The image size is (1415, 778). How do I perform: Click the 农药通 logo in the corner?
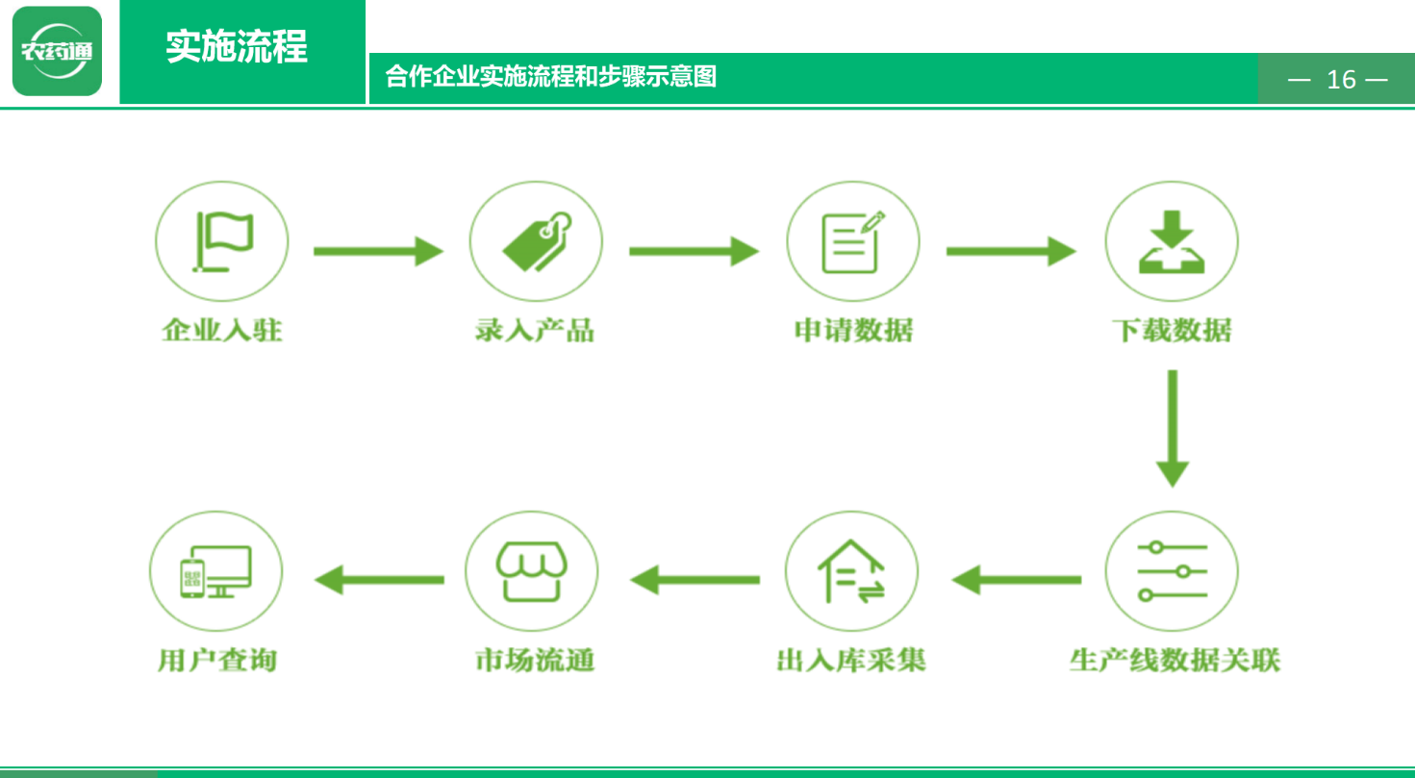click(57, 51)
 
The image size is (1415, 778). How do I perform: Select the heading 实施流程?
click(237, 46)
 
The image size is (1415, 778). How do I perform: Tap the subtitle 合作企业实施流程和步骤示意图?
click(551, 76)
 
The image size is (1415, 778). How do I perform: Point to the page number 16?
click(1341, 80)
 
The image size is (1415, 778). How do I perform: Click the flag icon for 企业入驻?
click(223, 241)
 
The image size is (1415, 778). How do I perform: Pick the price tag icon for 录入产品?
click(537, 241)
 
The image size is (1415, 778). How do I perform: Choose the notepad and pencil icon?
click(853, 241)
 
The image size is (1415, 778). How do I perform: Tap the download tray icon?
click(1172, 241)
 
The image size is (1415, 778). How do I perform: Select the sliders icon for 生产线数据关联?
click(1172, 571)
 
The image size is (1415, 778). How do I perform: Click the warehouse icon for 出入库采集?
click(851, 571)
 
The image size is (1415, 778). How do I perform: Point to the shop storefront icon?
click(531, 571)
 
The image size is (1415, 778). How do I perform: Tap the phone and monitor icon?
click(216, 571)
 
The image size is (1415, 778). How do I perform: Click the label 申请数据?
click(853, 330)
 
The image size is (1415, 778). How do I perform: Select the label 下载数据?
click(1172, 330)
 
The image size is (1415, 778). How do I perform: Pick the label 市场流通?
click(535, 661)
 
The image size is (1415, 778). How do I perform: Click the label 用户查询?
click(216, 661)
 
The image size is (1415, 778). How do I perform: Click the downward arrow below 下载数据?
click(1173, 429)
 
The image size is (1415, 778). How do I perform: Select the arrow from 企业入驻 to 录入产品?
click(378, 251)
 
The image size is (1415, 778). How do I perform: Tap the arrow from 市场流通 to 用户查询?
click(379, 580)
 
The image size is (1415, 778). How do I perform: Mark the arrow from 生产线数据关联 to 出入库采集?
click(1016, 580)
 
